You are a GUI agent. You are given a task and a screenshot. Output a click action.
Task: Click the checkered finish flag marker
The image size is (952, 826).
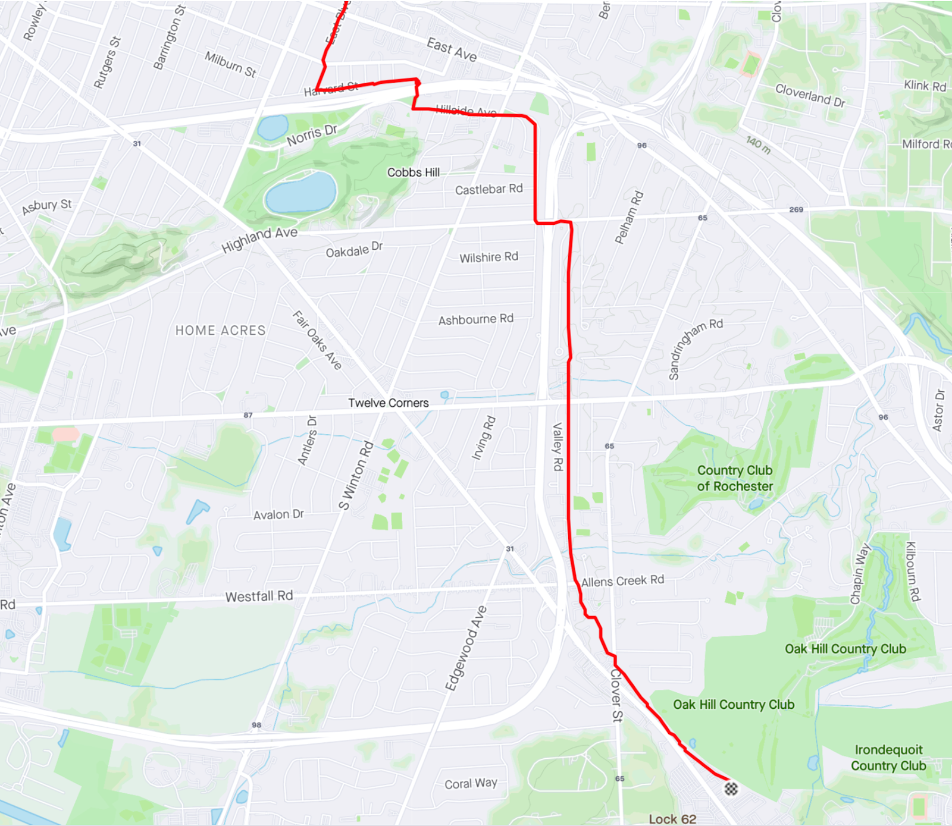tap(731, 789)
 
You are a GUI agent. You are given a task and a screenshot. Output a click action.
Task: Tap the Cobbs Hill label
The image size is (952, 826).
tap(414, 172)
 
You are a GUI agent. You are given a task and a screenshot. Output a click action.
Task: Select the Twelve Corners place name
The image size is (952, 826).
tap(388, 403)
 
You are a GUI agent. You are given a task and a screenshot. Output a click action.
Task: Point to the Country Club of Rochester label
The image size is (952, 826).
tap(735, 478)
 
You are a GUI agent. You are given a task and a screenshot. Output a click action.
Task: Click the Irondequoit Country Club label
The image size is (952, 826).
tap(888, 758)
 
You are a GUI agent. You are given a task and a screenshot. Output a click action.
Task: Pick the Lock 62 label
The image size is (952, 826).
tap(672, 819)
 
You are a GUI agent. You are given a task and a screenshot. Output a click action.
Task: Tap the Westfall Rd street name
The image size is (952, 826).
tap(259, 596)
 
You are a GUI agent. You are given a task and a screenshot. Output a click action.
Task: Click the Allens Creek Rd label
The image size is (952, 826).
tap(622, 580)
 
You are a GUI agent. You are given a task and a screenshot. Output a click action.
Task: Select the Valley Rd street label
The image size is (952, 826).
tap(558, 447)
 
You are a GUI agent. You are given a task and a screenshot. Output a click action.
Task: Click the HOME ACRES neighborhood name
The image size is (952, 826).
tap(220, 331)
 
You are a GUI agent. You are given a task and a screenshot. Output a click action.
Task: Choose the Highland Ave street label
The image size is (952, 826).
tap(259, 239)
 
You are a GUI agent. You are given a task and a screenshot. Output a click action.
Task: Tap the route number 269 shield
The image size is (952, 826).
tap(796, 209)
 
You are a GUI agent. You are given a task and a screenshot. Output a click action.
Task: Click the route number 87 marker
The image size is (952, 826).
tap(248, 415)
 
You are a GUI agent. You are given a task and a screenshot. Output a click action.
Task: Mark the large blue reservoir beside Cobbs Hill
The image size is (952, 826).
tap(300, 193)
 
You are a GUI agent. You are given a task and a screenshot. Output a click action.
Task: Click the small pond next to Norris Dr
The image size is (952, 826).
tap(273, 127)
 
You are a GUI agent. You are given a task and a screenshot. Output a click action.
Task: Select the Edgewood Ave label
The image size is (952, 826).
tap(466, 648)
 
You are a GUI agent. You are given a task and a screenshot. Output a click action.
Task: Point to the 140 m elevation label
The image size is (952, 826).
tap(759, 145)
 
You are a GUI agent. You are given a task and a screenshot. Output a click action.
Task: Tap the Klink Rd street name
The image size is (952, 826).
tap(925, 86)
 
